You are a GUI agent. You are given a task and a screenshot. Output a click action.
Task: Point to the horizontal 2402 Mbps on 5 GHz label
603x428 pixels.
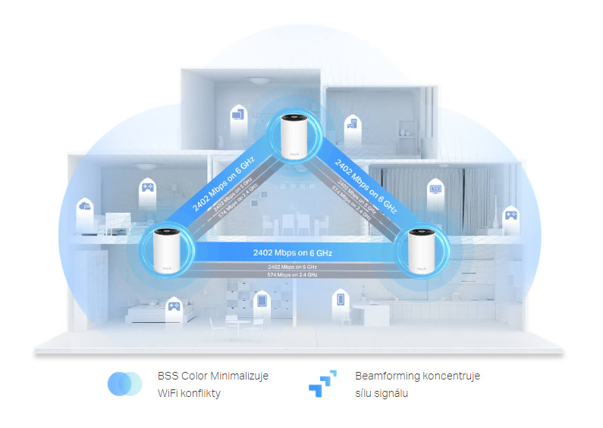[292, 267]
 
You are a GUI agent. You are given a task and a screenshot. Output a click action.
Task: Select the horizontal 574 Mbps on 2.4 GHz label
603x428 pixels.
[292, 274]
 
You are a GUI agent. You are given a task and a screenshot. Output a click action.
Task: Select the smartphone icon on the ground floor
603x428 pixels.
[340, 300]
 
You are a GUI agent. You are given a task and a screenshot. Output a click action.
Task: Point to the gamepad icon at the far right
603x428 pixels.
[511, 215]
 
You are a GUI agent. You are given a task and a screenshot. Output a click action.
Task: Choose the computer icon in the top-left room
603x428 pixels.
[237, 115]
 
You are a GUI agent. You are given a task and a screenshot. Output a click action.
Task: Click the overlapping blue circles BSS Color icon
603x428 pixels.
[124, 384]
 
